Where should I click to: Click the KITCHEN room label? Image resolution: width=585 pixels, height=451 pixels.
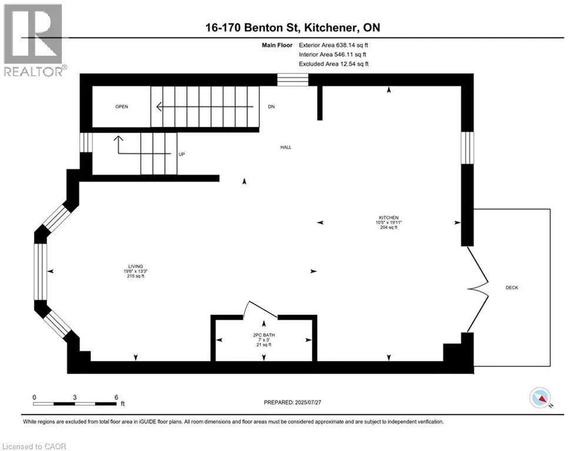(390, 217)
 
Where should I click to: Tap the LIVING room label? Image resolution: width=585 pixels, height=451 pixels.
(135, 266)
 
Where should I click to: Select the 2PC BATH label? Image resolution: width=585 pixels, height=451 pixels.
(264, 335)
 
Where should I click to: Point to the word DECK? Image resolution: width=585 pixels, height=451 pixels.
(512, 287)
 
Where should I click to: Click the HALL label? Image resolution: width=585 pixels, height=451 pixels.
(286, 147)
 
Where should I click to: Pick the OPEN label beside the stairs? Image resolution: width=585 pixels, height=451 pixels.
(122, 107)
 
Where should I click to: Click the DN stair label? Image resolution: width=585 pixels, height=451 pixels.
(271, 107)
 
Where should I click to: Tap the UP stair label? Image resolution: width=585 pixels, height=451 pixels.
(182, 153)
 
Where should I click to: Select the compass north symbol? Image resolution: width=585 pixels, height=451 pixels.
(540, 398)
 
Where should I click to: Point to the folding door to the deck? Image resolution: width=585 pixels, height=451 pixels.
(477, 288)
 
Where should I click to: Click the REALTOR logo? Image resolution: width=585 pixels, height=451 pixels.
(34, 40)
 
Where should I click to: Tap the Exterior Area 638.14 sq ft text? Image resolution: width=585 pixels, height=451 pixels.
(333, 45)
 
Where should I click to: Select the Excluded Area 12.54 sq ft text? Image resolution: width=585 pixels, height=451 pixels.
(333, 64)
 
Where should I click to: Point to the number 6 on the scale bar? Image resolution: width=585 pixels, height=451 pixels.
(116, 397)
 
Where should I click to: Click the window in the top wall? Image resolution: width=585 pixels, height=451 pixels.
(293, 80)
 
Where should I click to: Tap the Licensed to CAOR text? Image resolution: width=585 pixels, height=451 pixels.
(35, 446)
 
